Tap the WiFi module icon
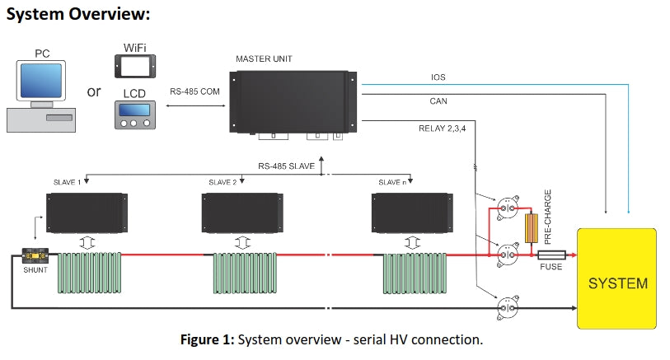tap(134, 66)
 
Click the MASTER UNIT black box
tap(294, 102)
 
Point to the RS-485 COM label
tap(195, 91)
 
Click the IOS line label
tap(438, 77)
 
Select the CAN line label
tap(438, 102)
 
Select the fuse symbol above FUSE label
tap(551, 255)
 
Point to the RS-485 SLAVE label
tap(287, 166)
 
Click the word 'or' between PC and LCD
tap(94, 91)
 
